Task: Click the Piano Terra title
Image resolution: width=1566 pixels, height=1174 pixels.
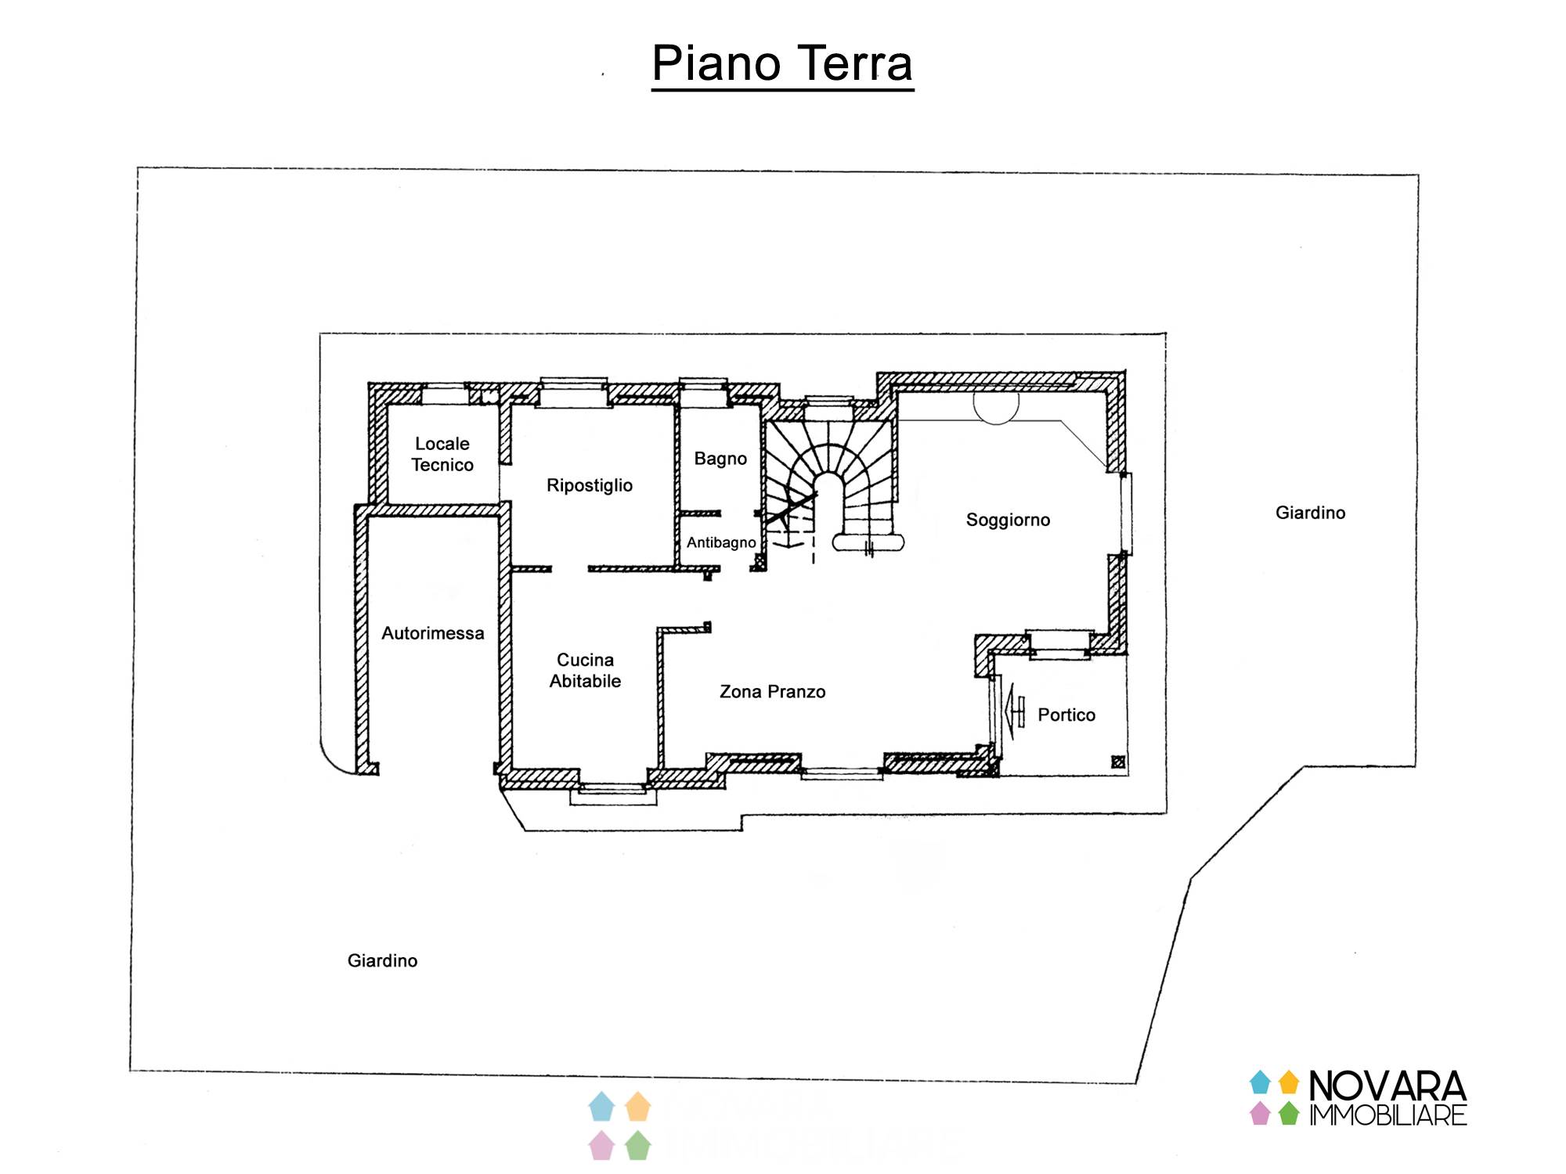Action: pyautogui.click(x=782, y=63)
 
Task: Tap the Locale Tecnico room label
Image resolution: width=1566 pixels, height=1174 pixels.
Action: pyautogui.click(x=442, y=454)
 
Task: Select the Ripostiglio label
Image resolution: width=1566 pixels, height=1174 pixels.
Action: pyautogui.click(x=589, y=485)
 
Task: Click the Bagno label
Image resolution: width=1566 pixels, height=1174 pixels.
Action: pyautogui.click(x=720, y=459)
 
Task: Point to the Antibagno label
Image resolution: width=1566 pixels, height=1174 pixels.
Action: pyautogui.click(x=721, y=542)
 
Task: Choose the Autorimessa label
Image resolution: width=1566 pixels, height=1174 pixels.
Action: pyautogui.click(x=432, y=633)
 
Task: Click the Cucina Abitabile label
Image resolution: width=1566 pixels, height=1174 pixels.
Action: pyautogui.click(x=585, y=671)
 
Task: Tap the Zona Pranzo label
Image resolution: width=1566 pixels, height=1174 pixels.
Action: pyautogui.click(x=772, y=692)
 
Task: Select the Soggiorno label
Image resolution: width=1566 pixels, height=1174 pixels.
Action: pyautogui.click(x=1008, y=520)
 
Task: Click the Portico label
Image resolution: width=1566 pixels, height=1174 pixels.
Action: pyautogui.click(x=1066, y=715)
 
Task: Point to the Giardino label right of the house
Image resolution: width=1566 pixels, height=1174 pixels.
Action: pyautogui.click(x=1310, y=513)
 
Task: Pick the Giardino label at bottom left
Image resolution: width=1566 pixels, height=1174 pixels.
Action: pyautogui.click(x=382, y=961)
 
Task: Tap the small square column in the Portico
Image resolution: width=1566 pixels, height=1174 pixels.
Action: pyautogui.click(x=1118, y=762)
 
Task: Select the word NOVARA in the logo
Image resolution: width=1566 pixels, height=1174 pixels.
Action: pyautogui.click(x=1387, y=1086)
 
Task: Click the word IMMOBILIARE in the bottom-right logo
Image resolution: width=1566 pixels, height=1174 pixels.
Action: pyautogui.click(x=1387, y=1115)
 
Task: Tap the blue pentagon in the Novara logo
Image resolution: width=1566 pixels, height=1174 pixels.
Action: pyautogui.click(x=1260, y=1082)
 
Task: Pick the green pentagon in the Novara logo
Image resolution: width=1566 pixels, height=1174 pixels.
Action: pyautogui.click(x=1289, y=1113)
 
